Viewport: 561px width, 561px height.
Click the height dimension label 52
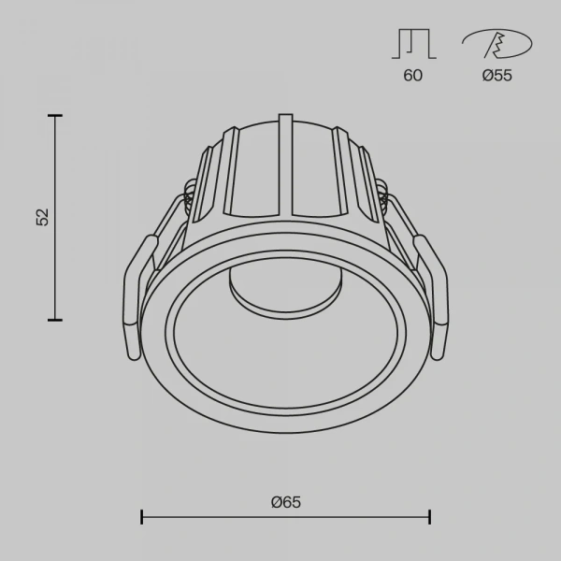pos(41,217)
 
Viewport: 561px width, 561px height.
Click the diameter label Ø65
pos(285,502)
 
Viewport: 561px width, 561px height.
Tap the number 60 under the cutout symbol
pos(412,76)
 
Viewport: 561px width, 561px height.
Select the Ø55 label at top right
pos(496,76)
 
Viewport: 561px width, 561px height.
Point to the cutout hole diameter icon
pos(496,44)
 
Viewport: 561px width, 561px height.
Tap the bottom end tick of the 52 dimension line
pos(56,320)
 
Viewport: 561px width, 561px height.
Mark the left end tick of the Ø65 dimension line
pos(141,516)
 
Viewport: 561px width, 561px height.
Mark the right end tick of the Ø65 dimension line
pos(429,516)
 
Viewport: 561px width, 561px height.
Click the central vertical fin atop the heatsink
pos(284,159)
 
